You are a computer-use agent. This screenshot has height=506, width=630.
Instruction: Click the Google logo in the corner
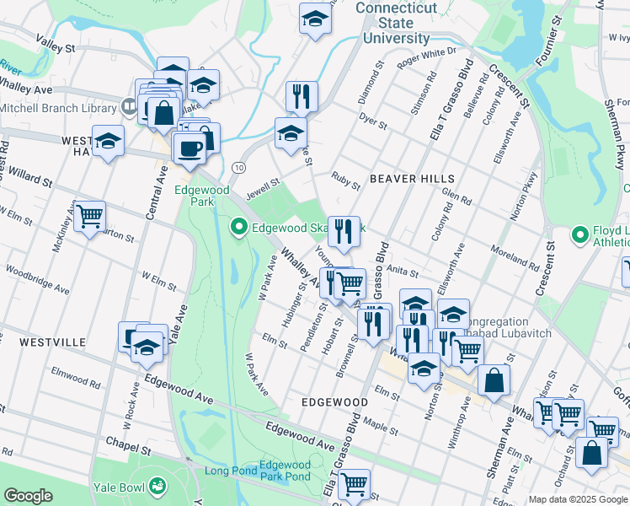28,496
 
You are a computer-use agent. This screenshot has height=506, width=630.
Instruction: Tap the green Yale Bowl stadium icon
157,485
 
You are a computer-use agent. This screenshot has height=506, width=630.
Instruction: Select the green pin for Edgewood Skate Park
238,227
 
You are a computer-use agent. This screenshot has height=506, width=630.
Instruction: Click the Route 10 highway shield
239,169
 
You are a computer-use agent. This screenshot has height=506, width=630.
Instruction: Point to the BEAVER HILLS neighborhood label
412,179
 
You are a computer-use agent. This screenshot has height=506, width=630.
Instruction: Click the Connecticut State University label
396,23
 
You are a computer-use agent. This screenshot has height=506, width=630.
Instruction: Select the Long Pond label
228,471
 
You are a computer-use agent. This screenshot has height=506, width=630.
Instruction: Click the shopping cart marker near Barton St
89,216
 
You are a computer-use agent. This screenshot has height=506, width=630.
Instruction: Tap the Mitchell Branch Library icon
129,107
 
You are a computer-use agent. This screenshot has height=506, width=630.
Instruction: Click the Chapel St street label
129,442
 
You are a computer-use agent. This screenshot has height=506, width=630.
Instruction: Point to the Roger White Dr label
425,56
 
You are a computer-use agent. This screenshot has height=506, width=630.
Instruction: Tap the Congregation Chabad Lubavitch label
510,327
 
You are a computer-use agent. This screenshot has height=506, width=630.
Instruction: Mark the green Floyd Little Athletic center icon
579,234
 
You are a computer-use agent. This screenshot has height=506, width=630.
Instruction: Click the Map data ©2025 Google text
578,499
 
